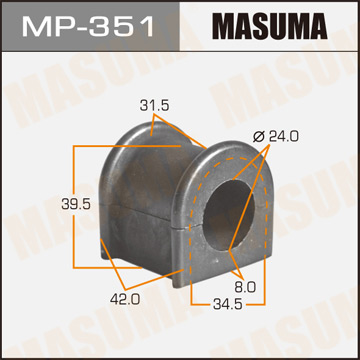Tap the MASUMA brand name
click(266, 26)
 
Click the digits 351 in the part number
click(126, 26)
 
